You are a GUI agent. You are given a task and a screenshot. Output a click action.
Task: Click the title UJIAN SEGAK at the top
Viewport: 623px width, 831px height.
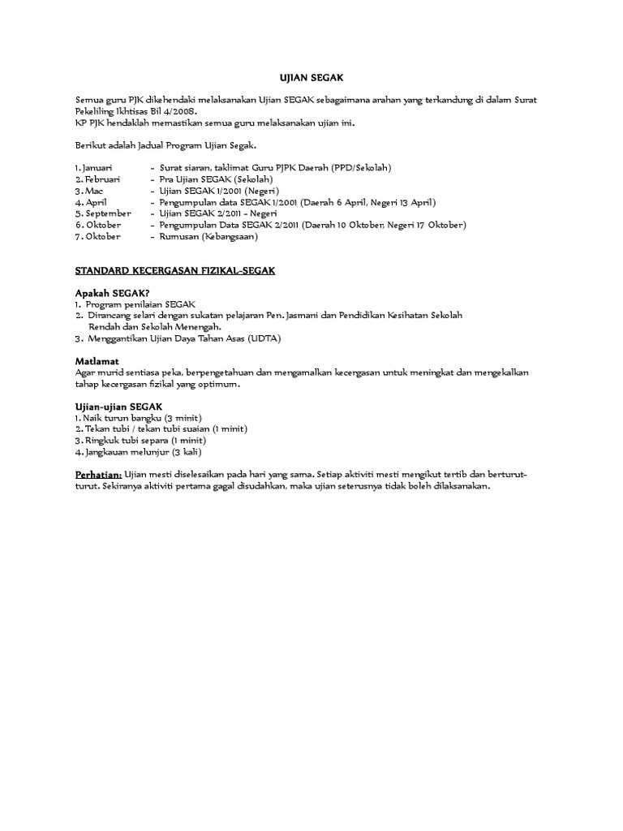(311, 77)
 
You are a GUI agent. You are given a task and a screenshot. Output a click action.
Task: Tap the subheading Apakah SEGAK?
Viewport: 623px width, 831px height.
(112, 292)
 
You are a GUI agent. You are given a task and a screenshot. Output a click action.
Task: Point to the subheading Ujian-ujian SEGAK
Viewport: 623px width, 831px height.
(118, 406)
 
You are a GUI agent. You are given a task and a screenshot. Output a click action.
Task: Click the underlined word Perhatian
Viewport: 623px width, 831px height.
(98, 474)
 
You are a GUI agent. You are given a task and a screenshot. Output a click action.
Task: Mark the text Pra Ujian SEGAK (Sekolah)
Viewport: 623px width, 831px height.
(217, 179)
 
